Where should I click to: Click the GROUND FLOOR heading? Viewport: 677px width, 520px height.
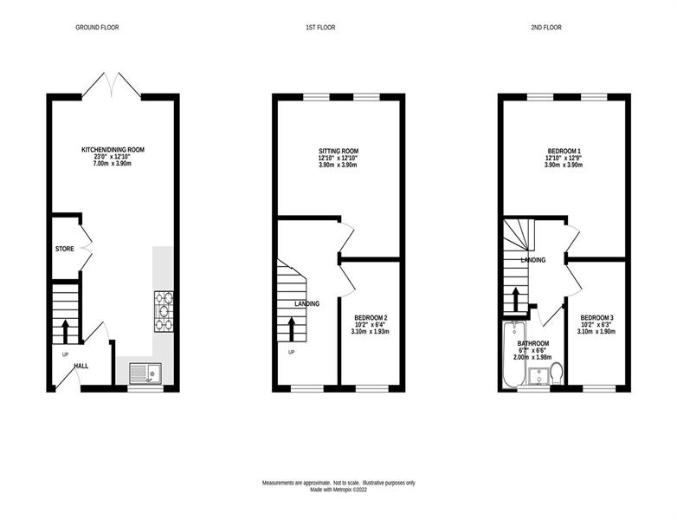pyautogui.click(x=97, y=27)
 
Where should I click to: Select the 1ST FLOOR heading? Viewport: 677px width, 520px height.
pyautogui.click(x=320, y=27)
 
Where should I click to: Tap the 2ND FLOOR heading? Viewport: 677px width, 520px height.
pyautogui.click(x=546, y=27)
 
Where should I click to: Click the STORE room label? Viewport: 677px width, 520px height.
pyautogui.click(x=64, y=249)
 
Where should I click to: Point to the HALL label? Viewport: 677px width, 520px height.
pyautogui.click(x=81, y=366)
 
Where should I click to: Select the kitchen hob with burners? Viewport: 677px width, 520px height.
pyautogui.click(x=164, y=312)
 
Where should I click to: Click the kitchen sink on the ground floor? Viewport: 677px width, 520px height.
pyautogui.click(x=145, y=373)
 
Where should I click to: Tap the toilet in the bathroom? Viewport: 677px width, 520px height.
pyautogui.click(x=557, y=374)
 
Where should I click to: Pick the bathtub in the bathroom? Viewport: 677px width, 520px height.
pyautogui.click(x=513, y=354)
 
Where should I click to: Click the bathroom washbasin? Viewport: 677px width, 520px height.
pyautogui.click(x=538, y=376)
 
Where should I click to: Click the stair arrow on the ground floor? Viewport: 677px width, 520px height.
pyautogui.click(x=66, y=331)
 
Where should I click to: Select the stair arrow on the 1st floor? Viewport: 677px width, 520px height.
pyautogui.click(x=292, y=329)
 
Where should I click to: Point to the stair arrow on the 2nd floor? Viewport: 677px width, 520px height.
pyautogui.click(x=516, y=299)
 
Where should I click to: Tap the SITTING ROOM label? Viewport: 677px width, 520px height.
pyautogui.click(x=338, y=152)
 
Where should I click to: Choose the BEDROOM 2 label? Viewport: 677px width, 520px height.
pyautogui.click(x=371, y=318)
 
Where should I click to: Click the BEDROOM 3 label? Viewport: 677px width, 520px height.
pyautogui.click(x=596, y=318)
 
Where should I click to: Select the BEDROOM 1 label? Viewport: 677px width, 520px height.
pyautogui.click(x=564, y=152)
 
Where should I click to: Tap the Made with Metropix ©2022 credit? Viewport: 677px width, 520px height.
pyautogui.click(x=338, y=491)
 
